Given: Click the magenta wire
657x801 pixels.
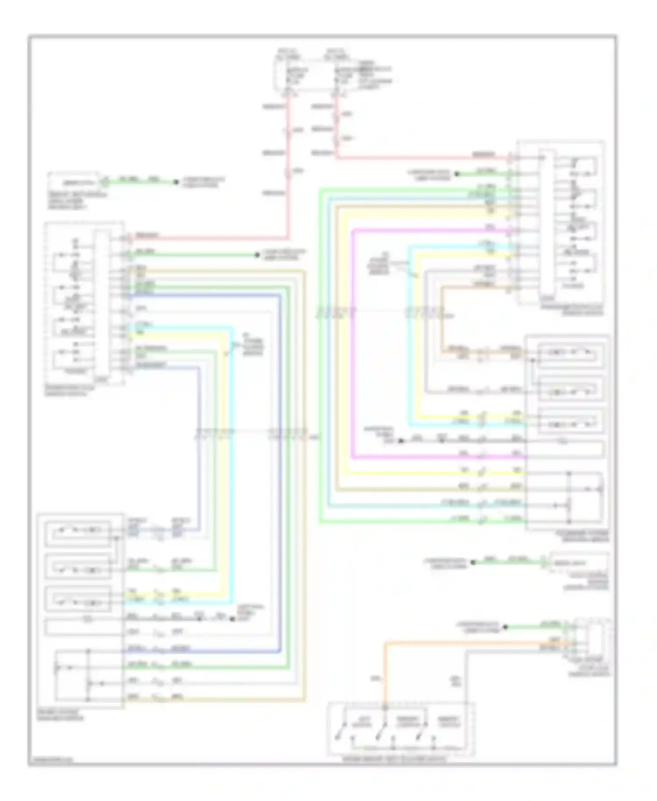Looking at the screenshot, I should click(x=353, y=342).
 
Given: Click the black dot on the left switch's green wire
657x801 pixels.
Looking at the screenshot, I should click(x=258, y=255).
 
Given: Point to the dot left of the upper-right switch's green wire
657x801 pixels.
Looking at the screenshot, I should click(x=456, y=174).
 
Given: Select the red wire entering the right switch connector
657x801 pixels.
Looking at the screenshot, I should click(x=420, y=157).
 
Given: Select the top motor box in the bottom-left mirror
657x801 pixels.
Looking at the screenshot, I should click(x=78, y=530).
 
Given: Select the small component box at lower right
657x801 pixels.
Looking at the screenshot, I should click(x=578, y=563).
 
